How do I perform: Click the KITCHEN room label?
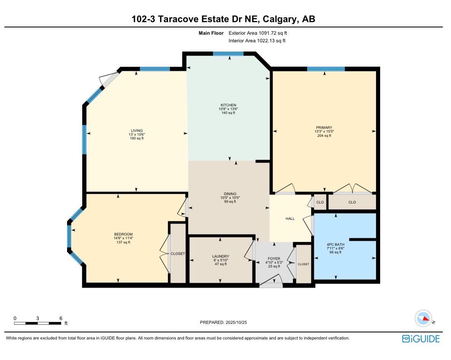(x=228, y=105)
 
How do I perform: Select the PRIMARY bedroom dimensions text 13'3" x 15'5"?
(x=324, y=132)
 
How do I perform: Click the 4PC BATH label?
(x=336, y=245)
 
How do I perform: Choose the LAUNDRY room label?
(x=220, y=256)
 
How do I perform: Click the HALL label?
(x=290, y=219)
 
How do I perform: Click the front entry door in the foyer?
(x=271, y=283)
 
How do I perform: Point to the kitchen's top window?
(x=228, y=54)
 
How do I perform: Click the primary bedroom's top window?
(x=326, y=69)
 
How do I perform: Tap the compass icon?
(x=423, y=318)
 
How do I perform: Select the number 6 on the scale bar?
(x=61, y=318)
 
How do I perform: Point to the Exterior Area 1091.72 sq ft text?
(x=257, y=33)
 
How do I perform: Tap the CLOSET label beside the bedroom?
(x=178, y=254)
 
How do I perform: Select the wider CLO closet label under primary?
(x=352, y=202)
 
